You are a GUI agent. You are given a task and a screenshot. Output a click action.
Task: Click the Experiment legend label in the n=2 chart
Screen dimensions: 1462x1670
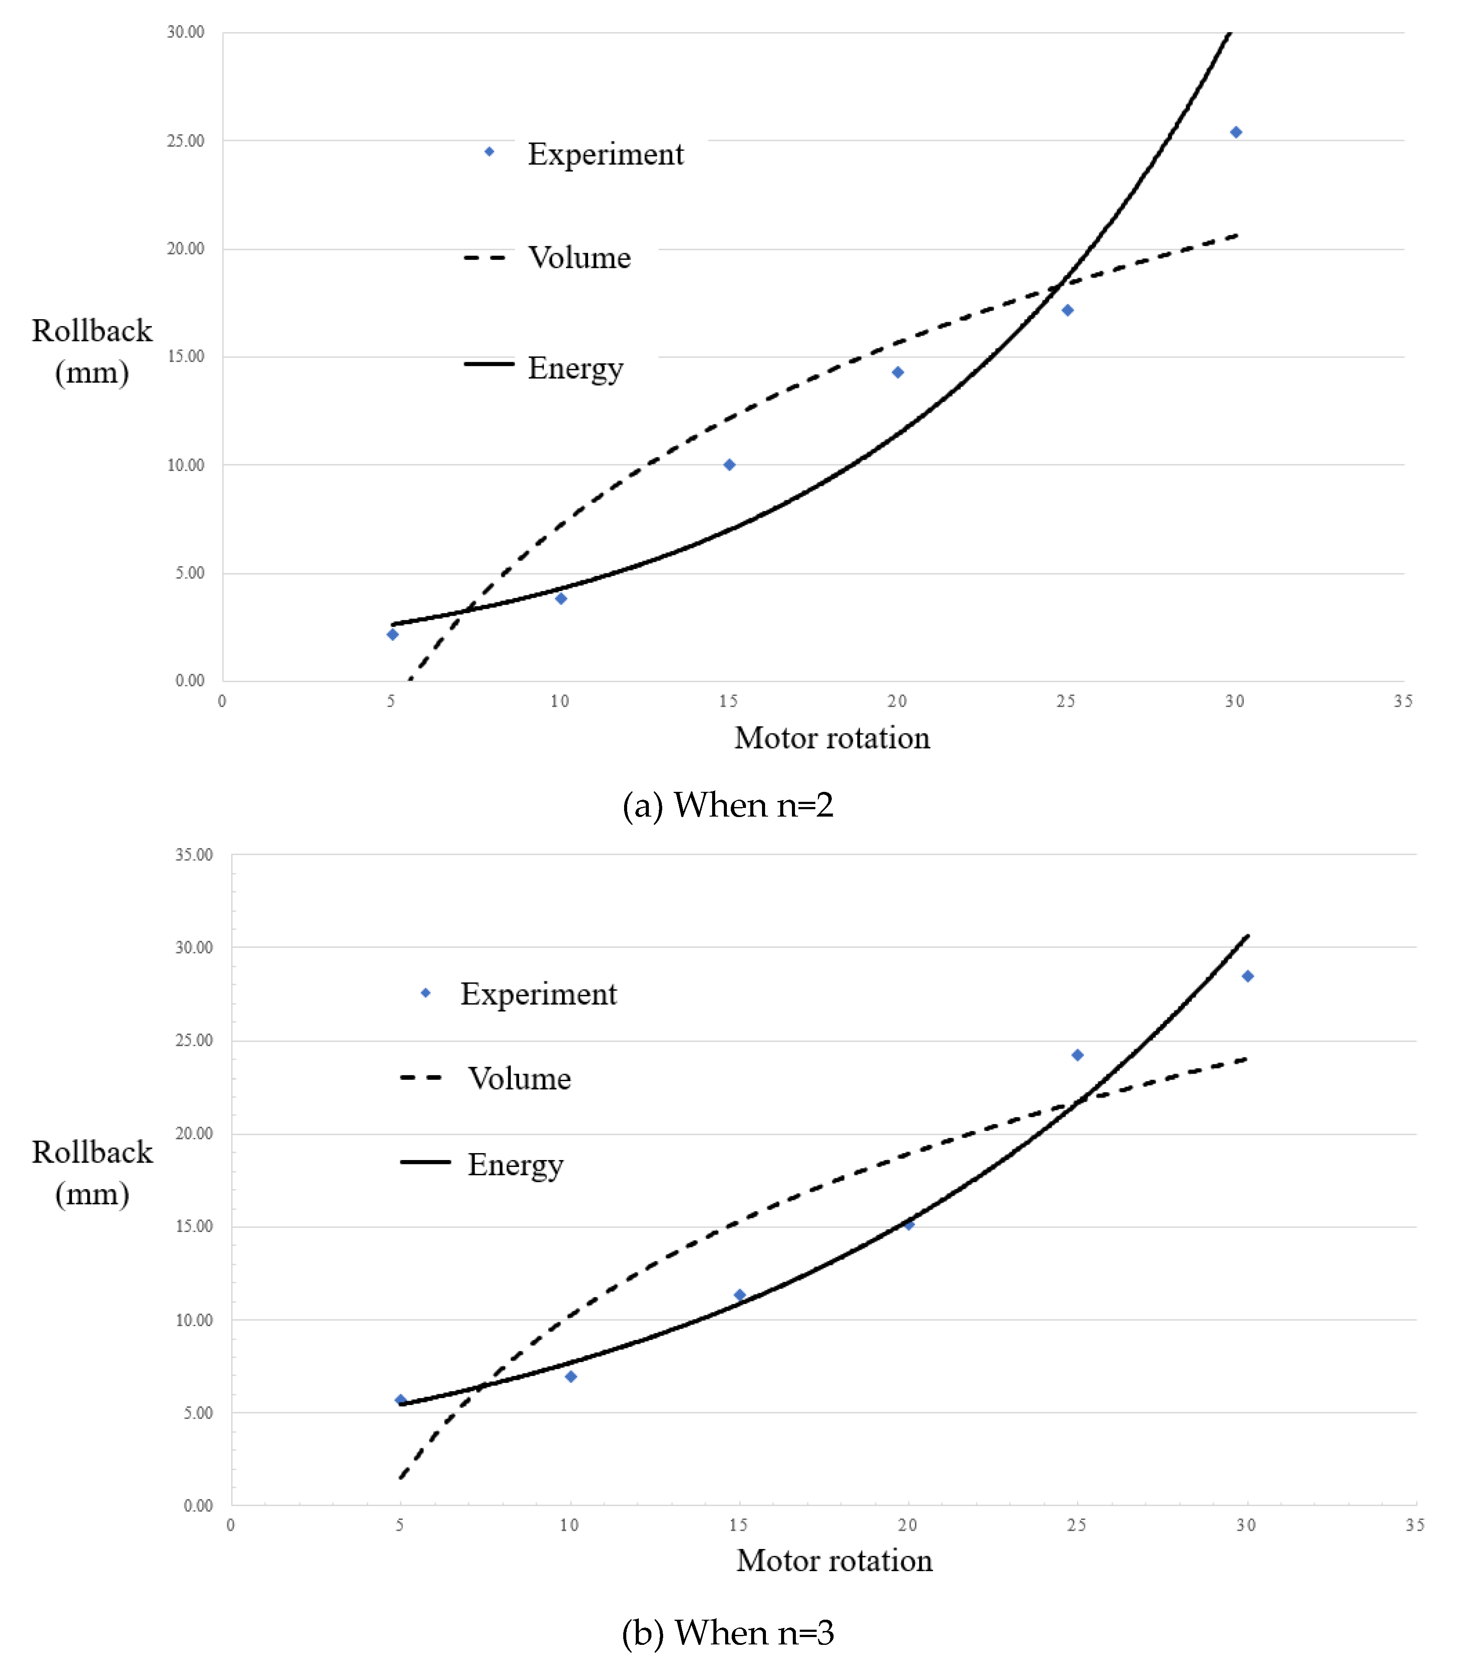[605, 154]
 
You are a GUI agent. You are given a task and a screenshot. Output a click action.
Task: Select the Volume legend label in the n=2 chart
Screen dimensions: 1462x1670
[579, 258]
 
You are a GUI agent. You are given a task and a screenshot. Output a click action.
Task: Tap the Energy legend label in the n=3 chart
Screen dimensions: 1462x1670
[515, 1165]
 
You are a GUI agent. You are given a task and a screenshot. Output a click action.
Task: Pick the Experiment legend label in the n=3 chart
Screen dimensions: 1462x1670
[539, 994]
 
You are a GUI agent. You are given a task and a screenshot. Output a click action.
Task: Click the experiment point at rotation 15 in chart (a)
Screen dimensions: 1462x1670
[729, 465]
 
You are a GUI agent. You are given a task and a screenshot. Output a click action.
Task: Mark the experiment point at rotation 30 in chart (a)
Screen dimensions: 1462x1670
[1236, 132]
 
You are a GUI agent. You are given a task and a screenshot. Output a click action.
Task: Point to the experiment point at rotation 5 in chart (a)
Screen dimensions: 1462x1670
[392, 635]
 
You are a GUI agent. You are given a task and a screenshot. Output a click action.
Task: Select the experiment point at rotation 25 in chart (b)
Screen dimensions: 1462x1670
[1077, 1055]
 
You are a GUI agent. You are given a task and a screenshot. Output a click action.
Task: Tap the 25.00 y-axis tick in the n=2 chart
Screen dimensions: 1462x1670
[186, 141]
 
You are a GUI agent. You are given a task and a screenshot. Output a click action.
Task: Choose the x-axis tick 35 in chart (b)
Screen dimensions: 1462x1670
[1415, 1525]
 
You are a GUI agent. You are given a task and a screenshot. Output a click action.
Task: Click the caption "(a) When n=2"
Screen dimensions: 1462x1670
[728, 805]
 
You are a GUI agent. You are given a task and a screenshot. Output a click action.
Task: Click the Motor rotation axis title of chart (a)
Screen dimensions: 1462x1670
[832, 739]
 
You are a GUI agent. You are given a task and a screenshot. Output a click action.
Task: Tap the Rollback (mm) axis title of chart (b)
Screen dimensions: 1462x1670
[92, 1173]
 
